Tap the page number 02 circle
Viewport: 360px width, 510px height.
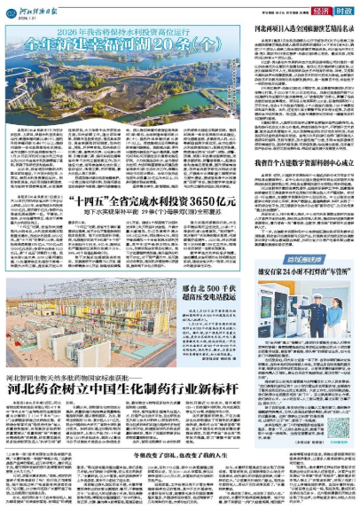(x=12, y=11)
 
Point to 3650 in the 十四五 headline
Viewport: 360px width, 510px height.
(x=193, y=203)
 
